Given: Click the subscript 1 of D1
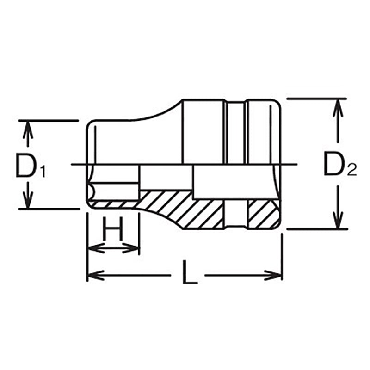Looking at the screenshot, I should (x=43, y=173).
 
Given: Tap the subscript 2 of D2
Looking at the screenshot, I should (x=351, y=171).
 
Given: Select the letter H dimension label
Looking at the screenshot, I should (x=113, y=230).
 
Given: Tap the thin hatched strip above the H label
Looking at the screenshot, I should (x=113, y=203).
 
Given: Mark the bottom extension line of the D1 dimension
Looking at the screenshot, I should (x=46, y=209).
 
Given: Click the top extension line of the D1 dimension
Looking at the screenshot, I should (x=46, y=120).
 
